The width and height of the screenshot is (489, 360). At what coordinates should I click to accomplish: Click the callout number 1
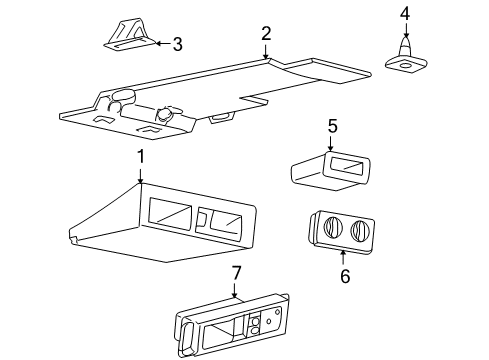pyautogui.click(x=141, y=156)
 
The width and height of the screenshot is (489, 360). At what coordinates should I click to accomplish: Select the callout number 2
pyautogui.click(x=266, y=34)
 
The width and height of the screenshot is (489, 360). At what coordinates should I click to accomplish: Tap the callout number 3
pyautogui.click(x=177, y=43)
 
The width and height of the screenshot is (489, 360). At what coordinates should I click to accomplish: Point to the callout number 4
pyautogui.click(x=405, y=13)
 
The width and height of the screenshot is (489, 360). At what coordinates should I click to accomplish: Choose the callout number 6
pyautogui.click(x=344, y=275)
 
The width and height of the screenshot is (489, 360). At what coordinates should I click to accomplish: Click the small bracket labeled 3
pyautogui.click(x=127, y=35)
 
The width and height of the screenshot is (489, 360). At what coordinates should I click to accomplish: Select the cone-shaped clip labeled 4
pyautogui.click(x=405, y=54)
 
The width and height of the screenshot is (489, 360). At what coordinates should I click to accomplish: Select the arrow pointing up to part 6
pyautogui.click(x=343, y=258)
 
